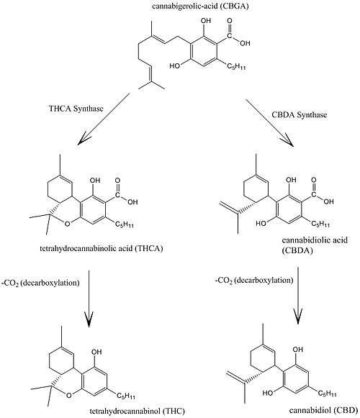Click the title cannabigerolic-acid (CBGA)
[x=200, y=6]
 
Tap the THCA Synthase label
[x=76, y=109]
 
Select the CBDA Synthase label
[x=299, y=114]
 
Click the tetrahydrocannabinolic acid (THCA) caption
[x=102, y=248]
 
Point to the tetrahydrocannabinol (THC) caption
[x=138, y=411]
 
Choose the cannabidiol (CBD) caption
[x=324, y=410]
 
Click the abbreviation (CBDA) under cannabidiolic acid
[x=297, y=251]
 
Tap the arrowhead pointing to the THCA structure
[x=83, y=140]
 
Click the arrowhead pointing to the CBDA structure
[x=288, y=141]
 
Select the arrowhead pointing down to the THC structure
[x=89, y=319]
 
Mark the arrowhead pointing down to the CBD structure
[x=298, y=317]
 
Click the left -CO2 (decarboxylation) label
[x=40, y=283]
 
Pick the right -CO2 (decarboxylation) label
[x=254, y=281]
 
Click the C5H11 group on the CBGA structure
[x=236, y=66]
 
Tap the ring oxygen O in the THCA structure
[x=68, y=224]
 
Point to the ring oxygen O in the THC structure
[x=69, y=396]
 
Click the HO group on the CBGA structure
[x=175, y=65]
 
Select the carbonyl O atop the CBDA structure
[x=314, y=180]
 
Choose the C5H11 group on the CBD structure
[x=327, y=394]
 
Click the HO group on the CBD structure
[x=268, y=393]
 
